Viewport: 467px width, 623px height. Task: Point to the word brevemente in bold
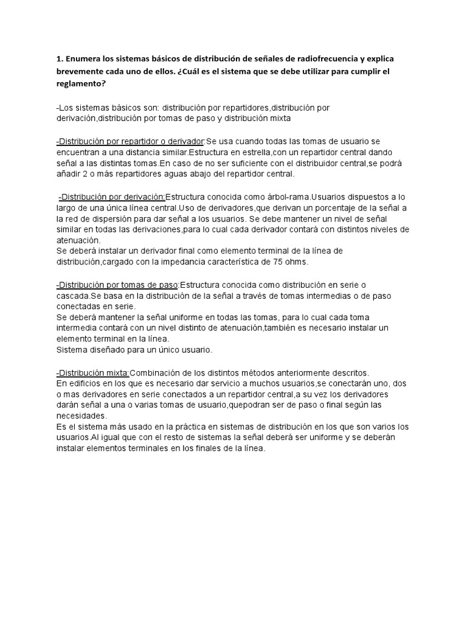(79, 71)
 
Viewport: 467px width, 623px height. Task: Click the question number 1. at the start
(60, 59)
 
